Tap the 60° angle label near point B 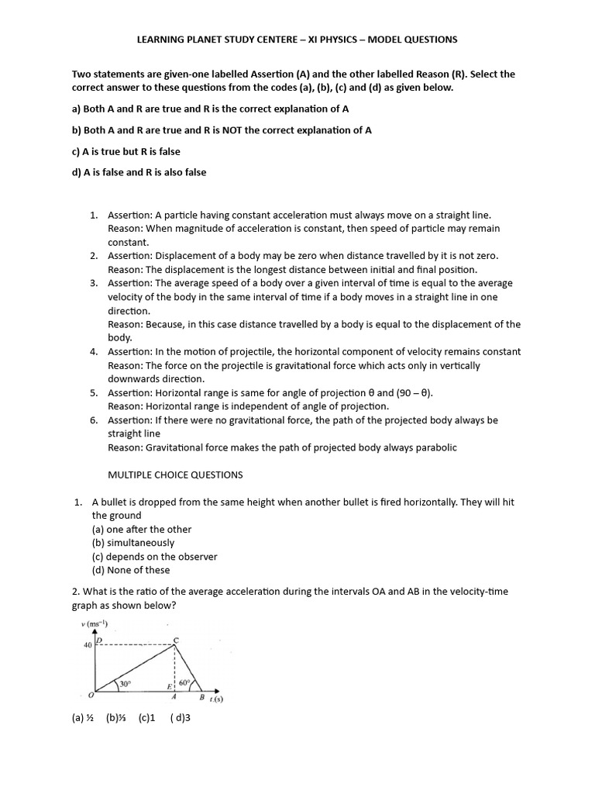184,683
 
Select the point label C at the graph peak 175,638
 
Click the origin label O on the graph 91,696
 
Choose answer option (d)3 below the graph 181,718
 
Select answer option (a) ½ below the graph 83,718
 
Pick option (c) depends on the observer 154,556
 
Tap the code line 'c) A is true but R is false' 126,151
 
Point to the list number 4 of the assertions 93,352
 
